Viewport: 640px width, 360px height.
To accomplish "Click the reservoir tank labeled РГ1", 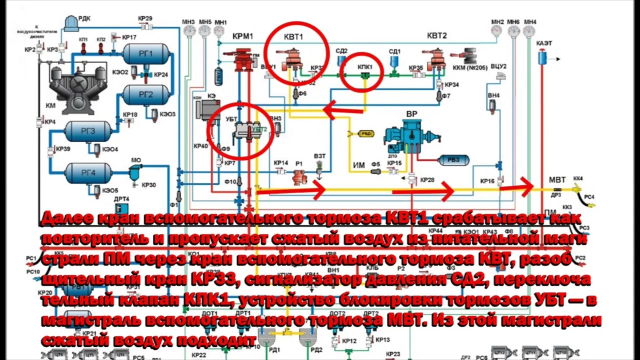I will point(145,53).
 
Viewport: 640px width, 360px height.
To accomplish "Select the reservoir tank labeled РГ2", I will point(145,94).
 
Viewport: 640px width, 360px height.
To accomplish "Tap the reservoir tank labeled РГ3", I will point(88,131).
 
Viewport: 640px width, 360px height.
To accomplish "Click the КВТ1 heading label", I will point(293,36).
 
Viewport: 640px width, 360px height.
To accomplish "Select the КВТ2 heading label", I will point(436,35).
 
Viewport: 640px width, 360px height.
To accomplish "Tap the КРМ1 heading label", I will point(243,36).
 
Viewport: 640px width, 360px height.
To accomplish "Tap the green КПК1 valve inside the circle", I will point(365,75).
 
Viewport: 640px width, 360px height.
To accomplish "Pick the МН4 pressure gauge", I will point(529,31).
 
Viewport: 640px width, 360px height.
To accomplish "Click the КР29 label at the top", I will point(145,19).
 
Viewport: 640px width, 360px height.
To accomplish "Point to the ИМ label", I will point(359,165).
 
